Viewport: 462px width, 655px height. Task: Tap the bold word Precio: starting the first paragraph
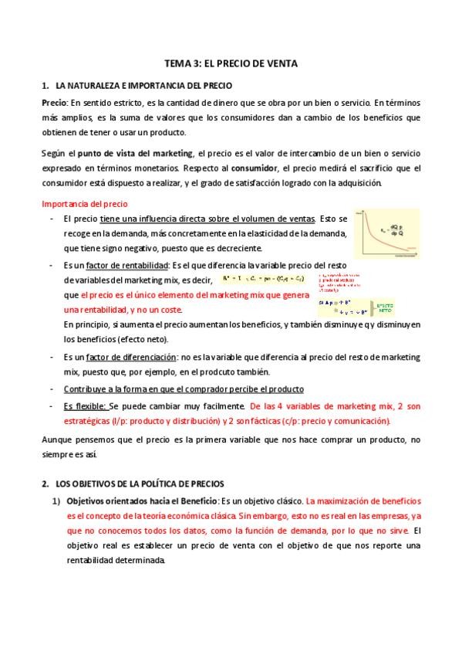(x=55, y=102)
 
